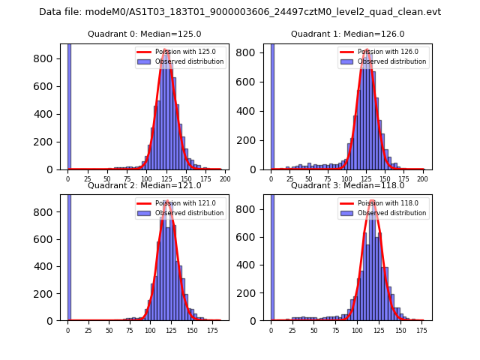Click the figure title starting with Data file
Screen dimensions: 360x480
coord(240,12)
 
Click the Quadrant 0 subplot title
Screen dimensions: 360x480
coord(144,34)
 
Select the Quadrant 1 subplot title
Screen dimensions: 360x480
coord(347,34)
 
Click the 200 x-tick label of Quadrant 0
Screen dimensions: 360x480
coord(224,179)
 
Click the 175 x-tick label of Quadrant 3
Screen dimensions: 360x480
coord(422,330)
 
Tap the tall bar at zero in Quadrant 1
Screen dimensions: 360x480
coord(271,105)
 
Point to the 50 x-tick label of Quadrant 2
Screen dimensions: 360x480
coord(109,330)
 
